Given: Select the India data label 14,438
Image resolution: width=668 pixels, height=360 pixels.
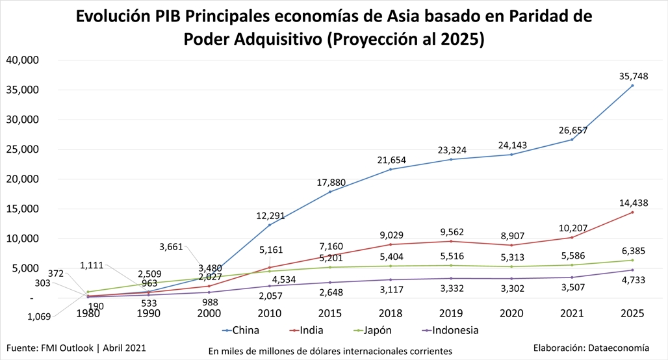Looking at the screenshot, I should coord(632,202).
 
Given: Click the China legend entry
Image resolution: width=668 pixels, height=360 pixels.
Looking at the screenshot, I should coord(240,330).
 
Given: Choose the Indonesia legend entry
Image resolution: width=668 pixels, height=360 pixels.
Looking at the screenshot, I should coord(449,330).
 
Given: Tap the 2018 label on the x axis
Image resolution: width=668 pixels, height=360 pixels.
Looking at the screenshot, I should coord(391,313).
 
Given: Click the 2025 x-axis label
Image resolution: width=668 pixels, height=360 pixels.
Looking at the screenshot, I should coord(632,313).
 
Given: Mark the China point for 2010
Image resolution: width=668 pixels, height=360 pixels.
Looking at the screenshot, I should coord(270,225).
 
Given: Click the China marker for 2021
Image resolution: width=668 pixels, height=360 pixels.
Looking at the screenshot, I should coord(572,140).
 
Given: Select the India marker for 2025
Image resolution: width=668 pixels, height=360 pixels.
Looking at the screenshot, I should coord(632,212).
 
